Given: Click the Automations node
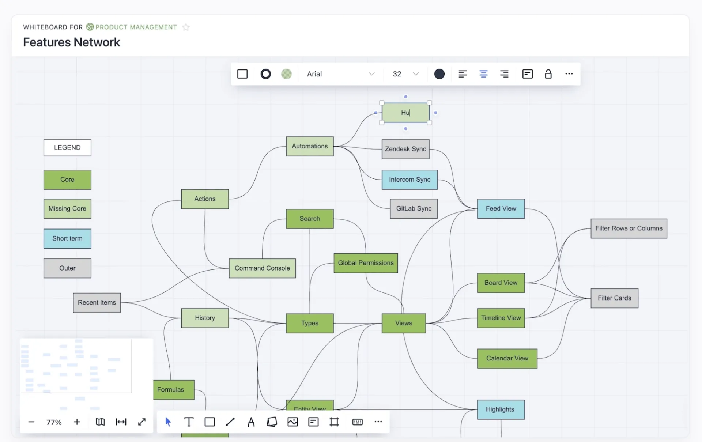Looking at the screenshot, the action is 310,146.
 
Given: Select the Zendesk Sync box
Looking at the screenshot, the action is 405,149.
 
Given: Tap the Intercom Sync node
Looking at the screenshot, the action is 409,180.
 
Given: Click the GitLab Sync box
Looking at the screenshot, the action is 414,208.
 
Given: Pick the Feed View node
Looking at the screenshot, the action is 501,208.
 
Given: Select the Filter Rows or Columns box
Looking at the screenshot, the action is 629,228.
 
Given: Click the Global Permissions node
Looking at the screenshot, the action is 366,263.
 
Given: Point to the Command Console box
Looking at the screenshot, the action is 262,268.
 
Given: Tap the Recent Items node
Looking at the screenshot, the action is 97,302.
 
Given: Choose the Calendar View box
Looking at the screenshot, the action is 507,358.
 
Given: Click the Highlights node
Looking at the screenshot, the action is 501,409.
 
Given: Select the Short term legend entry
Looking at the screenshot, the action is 67,238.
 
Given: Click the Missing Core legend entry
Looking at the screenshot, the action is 67,208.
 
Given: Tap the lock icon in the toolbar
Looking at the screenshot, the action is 548,74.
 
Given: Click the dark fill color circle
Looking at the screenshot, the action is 439,74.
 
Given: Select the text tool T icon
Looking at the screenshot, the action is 189,422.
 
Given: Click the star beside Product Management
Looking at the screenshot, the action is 186,27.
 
